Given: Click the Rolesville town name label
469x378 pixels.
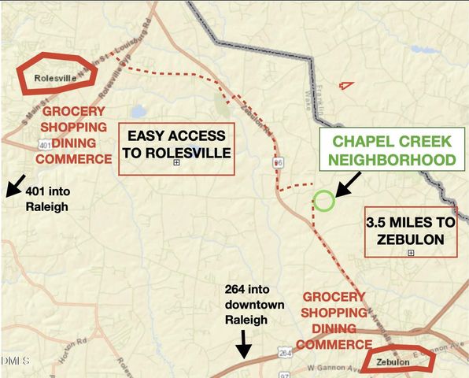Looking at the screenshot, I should click(x=56, y=78).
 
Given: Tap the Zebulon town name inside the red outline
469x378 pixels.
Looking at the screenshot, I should click(x=394, y=361).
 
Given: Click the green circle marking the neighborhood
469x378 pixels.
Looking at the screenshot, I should click(x=324, y=201).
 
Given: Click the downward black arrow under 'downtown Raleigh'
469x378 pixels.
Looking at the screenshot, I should click(x=244, y=342).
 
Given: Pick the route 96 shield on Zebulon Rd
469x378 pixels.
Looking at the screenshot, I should click(x=278, y=162).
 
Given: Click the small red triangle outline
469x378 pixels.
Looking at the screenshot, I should click(x=345, y=84).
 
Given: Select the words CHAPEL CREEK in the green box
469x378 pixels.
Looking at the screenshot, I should click(x=392, y=143).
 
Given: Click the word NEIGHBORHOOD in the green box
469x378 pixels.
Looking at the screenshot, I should click(x=392, y=160).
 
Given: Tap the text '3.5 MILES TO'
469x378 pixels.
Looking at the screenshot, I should click(x=411, y=223).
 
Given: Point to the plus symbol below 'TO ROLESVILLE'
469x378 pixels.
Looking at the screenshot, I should click(x=177, y=163).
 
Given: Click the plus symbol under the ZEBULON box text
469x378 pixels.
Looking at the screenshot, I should click(x=411, y=253).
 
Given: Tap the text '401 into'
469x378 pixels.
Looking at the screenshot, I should click(x=47, y=191).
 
